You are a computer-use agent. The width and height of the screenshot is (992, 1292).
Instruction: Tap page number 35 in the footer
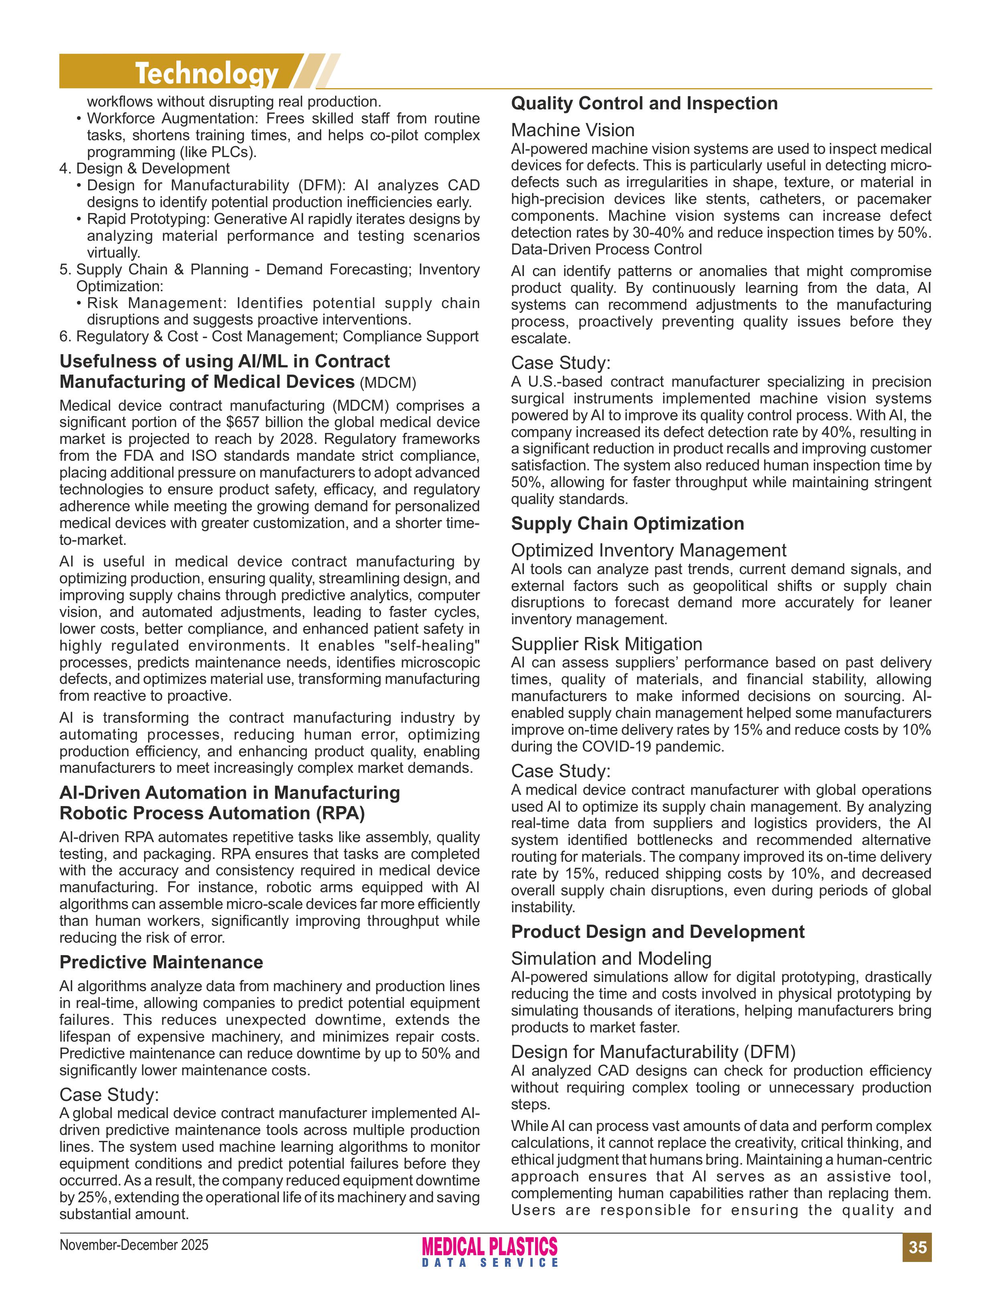[917, 1247]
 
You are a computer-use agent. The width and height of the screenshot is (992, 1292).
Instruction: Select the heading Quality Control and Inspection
[644, 103]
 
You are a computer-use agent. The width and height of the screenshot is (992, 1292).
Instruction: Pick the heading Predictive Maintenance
[161, 961]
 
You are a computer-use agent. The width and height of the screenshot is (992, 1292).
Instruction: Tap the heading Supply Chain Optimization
[627, 524]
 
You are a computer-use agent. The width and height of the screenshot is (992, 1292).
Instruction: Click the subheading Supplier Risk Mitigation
[606, 643]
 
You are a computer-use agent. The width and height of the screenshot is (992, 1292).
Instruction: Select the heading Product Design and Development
[657, 931]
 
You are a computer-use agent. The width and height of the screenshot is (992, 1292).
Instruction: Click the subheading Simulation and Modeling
[611, 958]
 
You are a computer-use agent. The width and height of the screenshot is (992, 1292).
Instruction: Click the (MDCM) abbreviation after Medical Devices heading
[388, 383]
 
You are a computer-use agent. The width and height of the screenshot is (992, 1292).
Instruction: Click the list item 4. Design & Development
[145, 169]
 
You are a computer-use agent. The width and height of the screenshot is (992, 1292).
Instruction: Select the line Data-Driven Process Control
[606, 249]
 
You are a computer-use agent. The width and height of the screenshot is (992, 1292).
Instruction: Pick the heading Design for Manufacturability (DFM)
[653, 1051]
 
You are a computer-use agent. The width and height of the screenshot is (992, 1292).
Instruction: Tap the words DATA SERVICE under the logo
[489, 1262]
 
